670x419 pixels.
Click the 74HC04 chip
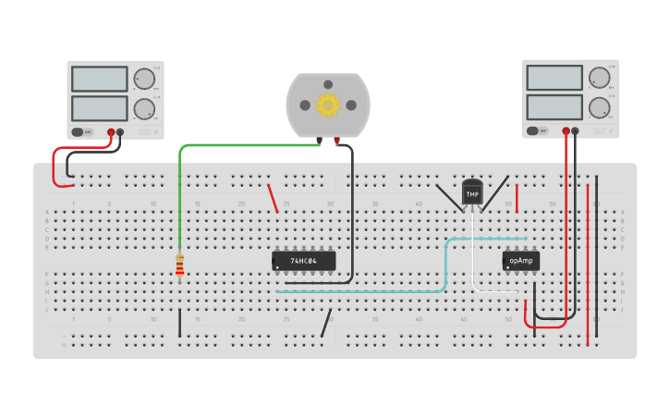click(x=303, y=261)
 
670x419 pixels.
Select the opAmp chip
click(x=520, y=261)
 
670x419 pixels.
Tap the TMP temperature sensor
click(x=472, y=192)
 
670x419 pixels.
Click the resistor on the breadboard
click(x=179, y=265)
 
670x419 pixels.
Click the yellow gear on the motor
click(x=328, y=105)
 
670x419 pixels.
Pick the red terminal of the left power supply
click(x=111, y=132)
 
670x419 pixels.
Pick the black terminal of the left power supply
click(x=120, y=132)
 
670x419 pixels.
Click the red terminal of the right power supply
click(x=566, y=131)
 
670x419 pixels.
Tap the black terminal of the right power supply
click(x=576, y=131)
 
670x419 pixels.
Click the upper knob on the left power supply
click(x=144, y=79)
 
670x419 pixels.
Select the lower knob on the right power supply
click(x=600, y=108)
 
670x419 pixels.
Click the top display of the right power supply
click(x=554, y=78)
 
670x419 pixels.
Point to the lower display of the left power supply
click(x=99, y=108)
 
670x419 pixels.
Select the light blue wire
click(x=370, y=291)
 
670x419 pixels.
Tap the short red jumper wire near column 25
click(x=273, y=198)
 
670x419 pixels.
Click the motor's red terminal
click(x=337, y=142)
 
